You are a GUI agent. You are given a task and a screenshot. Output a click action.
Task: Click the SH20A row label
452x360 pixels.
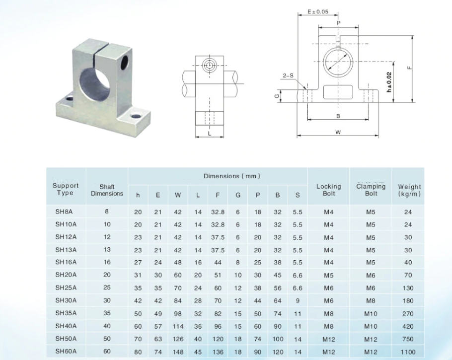click(66, 275)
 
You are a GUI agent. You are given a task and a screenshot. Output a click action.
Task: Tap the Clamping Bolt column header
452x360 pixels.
click(371, 190)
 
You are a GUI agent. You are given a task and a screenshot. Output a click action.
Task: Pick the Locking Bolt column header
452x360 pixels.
click(329, 190)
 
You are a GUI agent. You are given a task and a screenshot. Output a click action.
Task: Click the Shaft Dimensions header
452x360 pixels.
click(107, 190)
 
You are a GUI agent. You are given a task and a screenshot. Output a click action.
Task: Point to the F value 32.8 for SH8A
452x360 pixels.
click(218, 212)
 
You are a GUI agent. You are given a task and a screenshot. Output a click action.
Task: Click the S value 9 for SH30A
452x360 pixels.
click(298, 300)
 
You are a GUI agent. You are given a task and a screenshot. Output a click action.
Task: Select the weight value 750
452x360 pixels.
click(408, 339)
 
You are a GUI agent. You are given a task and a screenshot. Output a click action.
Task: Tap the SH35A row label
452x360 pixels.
click(66, 313)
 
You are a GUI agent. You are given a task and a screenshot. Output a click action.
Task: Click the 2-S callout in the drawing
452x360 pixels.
click(288, 75)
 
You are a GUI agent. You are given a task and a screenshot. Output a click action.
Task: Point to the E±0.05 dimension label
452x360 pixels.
click(318, 11)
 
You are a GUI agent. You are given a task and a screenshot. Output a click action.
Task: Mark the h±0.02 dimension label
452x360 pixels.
click(389, 82)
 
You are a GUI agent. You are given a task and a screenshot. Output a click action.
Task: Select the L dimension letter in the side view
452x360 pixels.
click(210, 134)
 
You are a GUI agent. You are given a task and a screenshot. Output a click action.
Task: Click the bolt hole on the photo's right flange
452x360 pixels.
click(136, 116)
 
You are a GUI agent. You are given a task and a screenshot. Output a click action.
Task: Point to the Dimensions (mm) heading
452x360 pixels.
click(231, 176)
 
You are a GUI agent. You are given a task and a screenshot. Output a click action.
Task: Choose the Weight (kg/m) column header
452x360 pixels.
click(409, 190)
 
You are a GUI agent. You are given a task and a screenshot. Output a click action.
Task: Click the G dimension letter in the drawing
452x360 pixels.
click(277, 96)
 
